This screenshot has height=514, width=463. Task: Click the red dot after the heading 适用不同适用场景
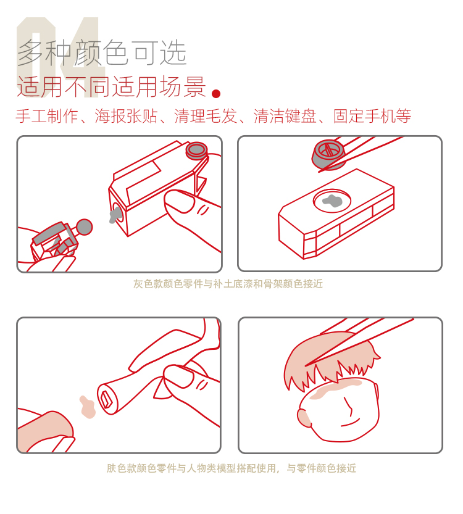pyautogui.click(x=216, y=94)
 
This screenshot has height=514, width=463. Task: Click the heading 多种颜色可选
pyautogui.click(x=102, y=52)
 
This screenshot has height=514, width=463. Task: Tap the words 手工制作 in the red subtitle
pyautogui.click(x=47, y=116)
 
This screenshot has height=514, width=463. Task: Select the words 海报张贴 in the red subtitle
pyautogui.click(x=126, y=116)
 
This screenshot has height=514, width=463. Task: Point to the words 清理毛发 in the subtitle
pyautogui.click(x=206, y=116)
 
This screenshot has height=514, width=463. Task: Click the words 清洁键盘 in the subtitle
pyautogui.click(x=285, y=116)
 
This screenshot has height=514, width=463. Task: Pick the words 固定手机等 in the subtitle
pyautogui.click(x=372, y=116)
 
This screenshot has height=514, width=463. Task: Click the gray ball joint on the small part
pyautogui.click(x=85, y=227)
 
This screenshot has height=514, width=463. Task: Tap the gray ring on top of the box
pyautogui.click(x=197, y=150)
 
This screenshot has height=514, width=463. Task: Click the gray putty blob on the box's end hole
pyautogui.click(x=114, y=215)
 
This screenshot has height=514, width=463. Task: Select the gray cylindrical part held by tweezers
pyautogui.click(x=328, y=154)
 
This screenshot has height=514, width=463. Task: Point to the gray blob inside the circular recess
pyautogui.click(x=332, y=200)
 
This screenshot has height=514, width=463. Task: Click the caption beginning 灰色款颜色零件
pyautogui.click(x=228, y=284)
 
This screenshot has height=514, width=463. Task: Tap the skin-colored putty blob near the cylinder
pyautogui.click(x=87, y=407)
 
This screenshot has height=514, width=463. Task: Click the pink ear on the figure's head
pyautogui.click(x=304, y=418)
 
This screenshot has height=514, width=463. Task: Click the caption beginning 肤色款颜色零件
pyautogui.click(x=231, y=468)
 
